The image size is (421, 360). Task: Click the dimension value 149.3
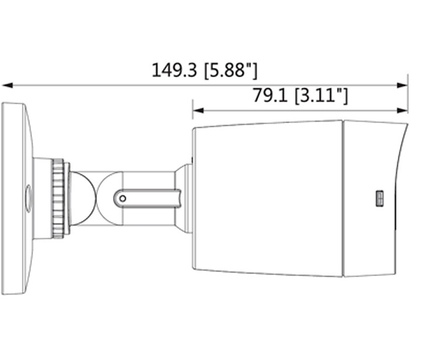pyautogui.click(x=175, y=71)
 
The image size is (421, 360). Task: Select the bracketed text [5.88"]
pyautogui.click(x=230, y=71)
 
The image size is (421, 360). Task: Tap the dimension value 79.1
pyautogui.click(x=271, y=95)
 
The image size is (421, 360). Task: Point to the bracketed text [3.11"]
pyautogui.click(x=321, y=95)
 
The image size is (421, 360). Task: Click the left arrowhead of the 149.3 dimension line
pyautogui.click(x=7, y=85)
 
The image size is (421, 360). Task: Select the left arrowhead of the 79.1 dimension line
pyautogui.click(x=198, y=109)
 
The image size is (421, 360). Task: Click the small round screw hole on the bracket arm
pyautogui.click(x=122, y=198)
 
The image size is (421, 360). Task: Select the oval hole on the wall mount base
pyautogui.click(x=27, y=198)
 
